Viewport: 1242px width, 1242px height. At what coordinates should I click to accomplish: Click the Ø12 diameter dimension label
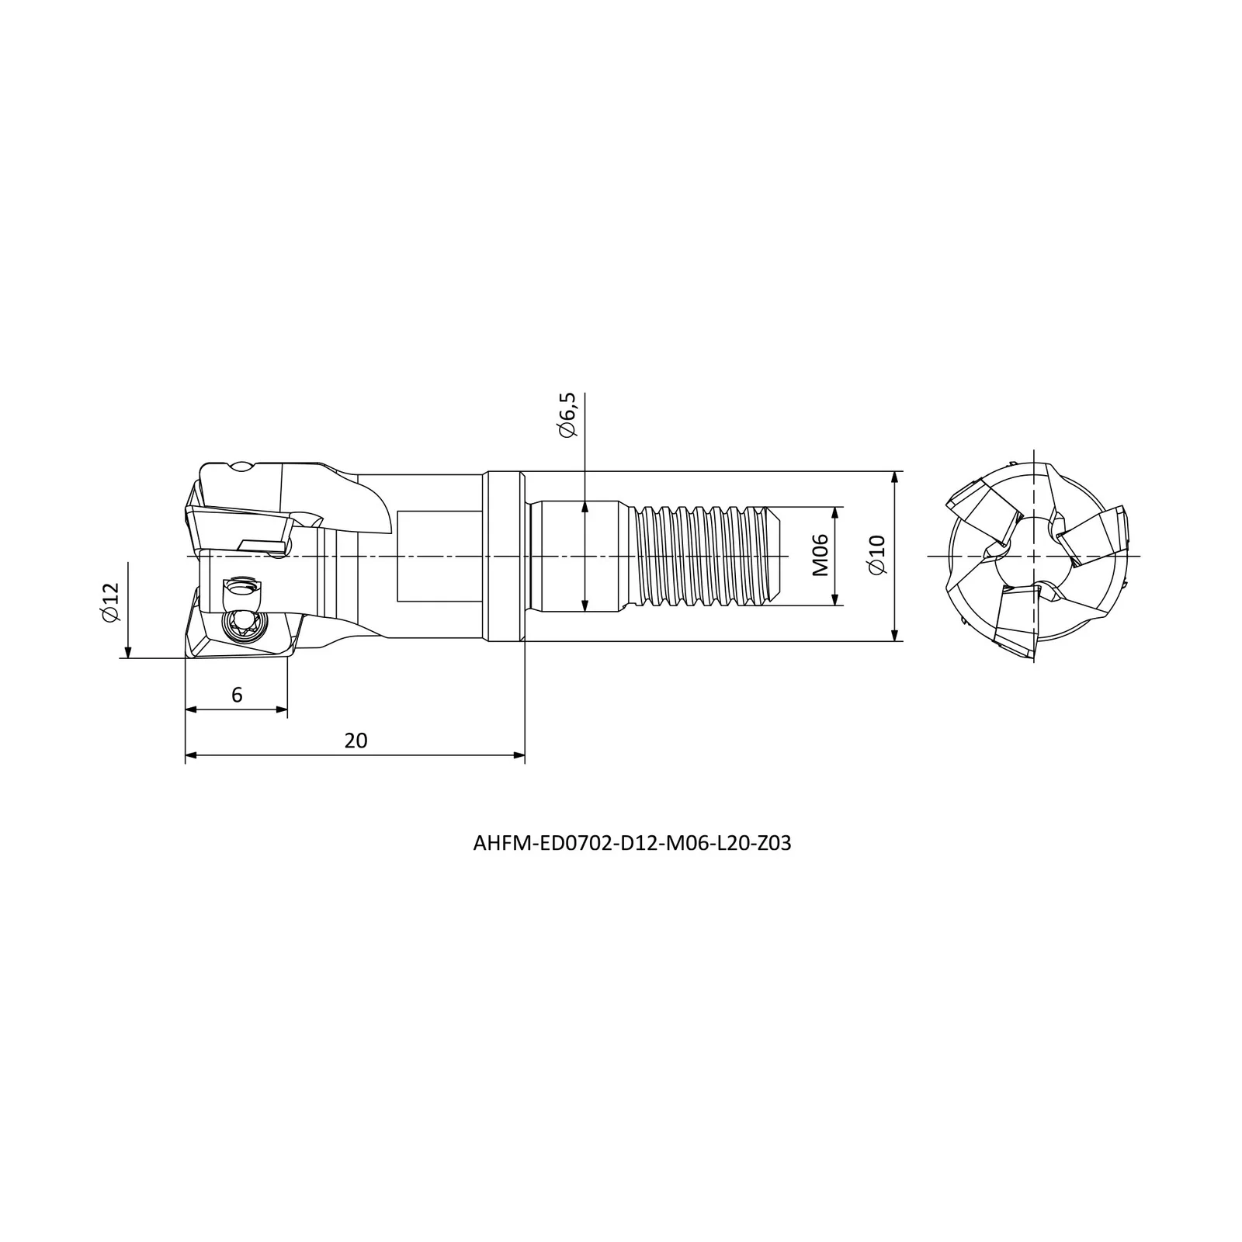pos(111,602)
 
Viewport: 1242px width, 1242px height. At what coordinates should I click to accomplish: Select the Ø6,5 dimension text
pos(568,415)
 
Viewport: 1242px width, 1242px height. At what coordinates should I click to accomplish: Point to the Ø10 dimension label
pos(876,555)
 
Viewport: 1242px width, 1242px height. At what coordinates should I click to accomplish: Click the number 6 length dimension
pos(237,695)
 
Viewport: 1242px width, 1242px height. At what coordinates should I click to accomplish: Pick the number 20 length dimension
pos(356,741)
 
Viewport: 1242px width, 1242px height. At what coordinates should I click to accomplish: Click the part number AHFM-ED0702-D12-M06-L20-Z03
pos(632,844)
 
